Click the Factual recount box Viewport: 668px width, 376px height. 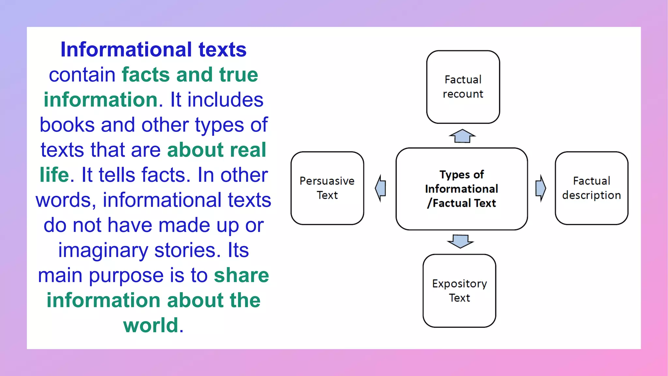[x=463, y=87]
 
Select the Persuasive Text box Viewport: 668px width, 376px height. [x=327, y=188]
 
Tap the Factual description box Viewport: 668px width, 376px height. [x=591, y=188]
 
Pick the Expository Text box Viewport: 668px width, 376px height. [x=459, y=290]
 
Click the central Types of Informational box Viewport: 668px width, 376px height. [x=462, y=189]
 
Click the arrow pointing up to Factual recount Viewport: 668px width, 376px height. [x=462, y=136]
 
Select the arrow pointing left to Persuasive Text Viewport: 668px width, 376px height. [x=381, y=188]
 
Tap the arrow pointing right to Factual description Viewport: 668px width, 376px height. [x=540, y=188]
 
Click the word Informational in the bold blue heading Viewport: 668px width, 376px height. [x=126, y=50]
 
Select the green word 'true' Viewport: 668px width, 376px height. [x=238, y=75]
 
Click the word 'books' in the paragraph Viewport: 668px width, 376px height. [x=67, y=125]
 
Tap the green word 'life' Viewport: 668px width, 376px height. [x=54, y=175]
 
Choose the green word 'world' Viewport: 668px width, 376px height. [x=151, y=325]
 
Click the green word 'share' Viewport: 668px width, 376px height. [x=241, y=275]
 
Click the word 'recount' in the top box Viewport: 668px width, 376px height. [x=463, y=94]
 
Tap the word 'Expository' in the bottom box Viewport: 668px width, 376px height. [x=459, y=284]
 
